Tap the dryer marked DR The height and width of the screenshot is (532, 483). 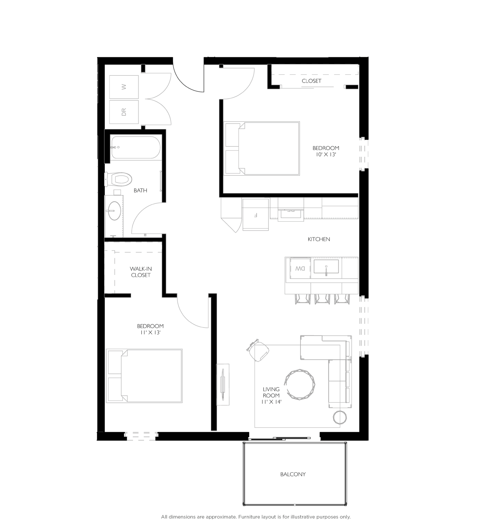(124, 112)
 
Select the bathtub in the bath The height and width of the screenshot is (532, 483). (136, 147)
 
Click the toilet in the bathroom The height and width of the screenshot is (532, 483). (119, 179)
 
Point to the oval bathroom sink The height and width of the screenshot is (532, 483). (114, 211)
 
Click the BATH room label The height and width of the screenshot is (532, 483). (140, 191)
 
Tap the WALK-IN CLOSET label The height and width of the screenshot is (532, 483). (141, 272)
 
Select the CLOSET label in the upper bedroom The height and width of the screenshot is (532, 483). (311, 81)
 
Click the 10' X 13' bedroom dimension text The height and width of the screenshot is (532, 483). (326, 155)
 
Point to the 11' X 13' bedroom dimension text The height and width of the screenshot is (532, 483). (150, 332)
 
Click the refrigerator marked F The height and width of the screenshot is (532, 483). (255, 215)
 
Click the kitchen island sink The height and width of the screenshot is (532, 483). (326, 267)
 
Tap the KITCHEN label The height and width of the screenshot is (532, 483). (319, 239)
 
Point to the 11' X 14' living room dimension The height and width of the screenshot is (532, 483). (271, 402)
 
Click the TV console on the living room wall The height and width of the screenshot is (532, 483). (223, 384)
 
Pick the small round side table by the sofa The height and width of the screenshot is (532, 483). (340, 417)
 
